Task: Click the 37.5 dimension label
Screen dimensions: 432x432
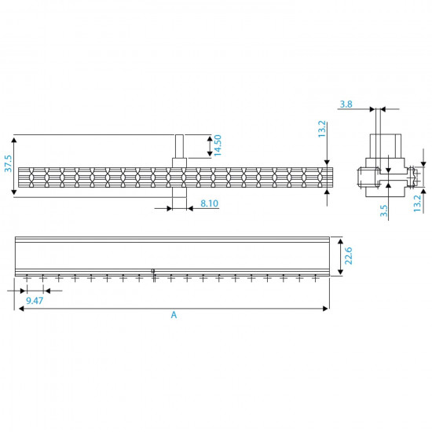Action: coord(9,164)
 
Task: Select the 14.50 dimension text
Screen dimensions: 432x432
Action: coord(218,145)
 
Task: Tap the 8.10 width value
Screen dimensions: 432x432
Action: coord(209,203)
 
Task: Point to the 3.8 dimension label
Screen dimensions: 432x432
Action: coord(346,104)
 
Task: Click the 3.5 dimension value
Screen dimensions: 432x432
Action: coord(384,211)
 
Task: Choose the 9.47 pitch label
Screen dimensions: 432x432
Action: coord(34,300)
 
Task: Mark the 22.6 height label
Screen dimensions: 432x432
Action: coord(349,256)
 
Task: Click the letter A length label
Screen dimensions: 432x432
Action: coord(174,315)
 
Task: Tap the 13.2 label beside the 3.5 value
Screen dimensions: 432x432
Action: coord(417,203)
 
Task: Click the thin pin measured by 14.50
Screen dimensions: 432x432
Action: coord(179,147)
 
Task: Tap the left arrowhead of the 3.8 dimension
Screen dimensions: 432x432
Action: coord(375,110)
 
